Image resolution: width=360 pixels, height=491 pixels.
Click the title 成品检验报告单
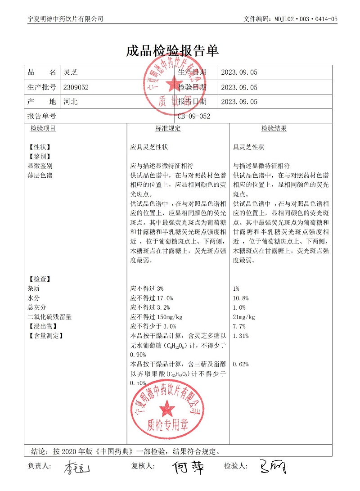[172, 50]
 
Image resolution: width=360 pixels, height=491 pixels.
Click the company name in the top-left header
[65, 19]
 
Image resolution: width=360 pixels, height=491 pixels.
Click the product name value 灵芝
[71, 72]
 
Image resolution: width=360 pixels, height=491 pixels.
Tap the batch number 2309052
[76, 87]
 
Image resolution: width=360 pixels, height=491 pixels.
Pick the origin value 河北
[71, 102]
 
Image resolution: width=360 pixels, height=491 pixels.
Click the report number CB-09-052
[193, 116]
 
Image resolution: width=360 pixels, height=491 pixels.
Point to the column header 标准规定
[168, 129]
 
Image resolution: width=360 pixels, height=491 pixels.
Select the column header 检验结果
[274, 129]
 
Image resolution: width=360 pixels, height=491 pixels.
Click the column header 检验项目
[43, 129]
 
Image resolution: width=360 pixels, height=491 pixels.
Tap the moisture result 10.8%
[241, 298]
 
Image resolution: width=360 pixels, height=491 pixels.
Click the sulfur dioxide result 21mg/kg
[244, 317]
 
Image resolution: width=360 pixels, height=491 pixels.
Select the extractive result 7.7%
[239, 326]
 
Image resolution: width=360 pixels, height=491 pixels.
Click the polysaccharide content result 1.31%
[241, 336]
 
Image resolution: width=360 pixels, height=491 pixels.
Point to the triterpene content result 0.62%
[241, 364]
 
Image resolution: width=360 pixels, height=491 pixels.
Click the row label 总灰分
[37, 308]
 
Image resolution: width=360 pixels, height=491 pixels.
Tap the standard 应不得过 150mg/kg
[156, 317]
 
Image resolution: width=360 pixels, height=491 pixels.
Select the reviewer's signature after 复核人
[188, 467]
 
